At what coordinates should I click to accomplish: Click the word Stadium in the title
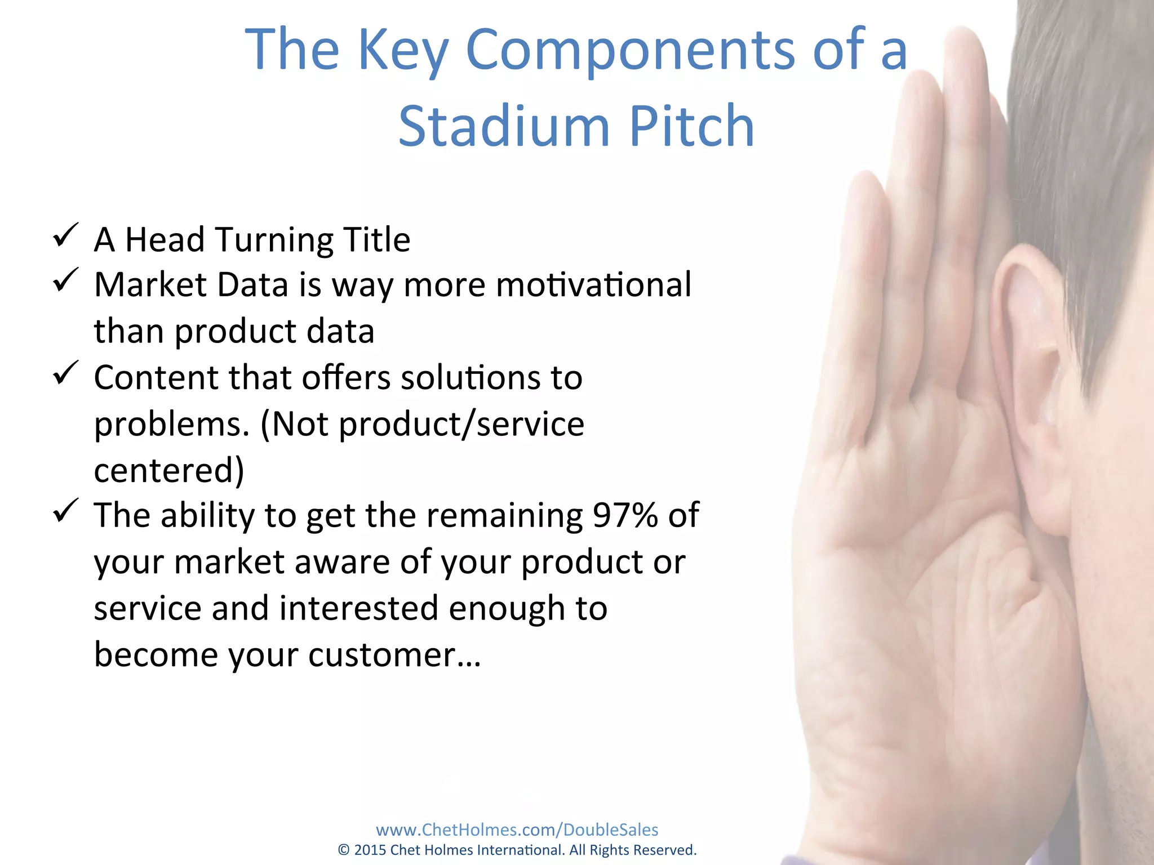coord(504,126)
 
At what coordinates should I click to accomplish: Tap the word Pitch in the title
coord(691,126)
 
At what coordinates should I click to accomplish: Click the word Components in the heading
coord(630,51)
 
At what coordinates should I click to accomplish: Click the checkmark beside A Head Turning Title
coord(65,235)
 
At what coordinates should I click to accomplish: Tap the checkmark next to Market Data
coord(65,280)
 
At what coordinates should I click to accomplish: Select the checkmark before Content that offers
coord(65,373)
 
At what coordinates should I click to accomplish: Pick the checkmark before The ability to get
coord(65,511)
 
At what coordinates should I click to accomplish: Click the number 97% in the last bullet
coord(625,515)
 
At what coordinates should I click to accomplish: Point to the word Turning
coord(274,240)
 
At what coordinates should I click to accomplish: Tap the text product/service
coord(461,424)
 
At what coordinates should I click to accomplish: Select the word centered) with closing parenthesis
coord(168,470)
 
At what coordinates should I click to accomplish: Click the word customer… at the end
coord(394,655)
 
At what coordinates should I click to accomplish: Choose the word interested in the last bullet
coord(358,608)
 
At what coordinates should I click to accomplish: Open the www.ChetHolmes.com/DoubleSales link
coord(517,830)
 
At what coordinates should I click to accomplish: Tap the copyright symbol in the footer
coord(344,850)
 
